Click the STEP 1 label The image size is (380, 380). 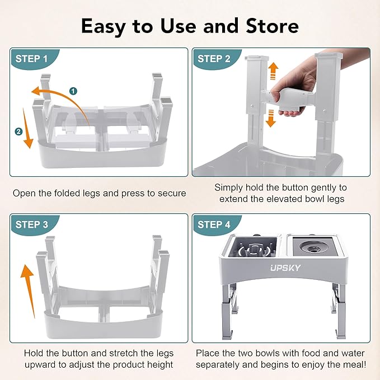pos(35,59)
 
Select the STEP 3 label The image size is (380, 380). pos(35,224)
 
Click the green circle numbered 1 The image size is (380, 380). pos(73,91)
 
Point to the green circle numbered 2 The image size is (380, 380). pos(19,132)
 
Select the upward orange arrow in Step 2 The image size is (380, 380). pos(273,71)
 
